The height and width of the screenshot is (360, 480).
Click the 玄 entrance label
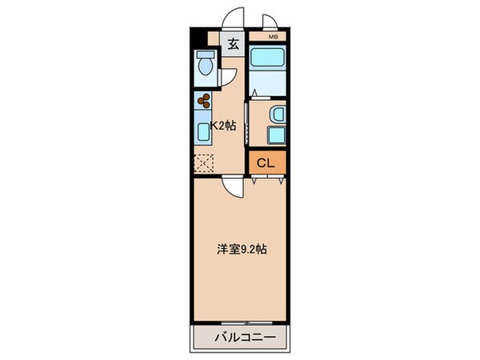pos(233,44)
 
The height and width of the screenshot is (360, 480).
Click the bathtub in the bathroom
pos(267,59)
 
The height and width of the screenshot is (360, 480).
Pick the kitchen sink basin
pos(203,130)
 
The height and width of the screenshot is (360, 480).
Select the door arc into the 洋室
pos(233,187)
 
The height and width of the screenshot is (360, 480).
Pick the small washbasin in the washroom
pos(276,114)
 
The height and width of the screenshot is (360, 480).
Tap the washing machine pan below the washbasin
pos(276,136)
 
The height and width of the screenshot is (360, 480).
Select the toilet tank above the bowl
pos(206,57)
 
